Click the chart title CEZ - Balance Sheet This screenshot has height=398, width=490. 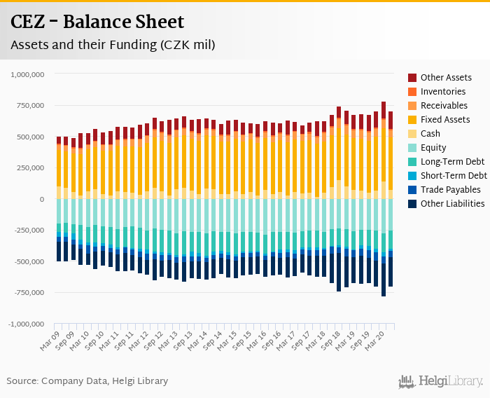(97, 22)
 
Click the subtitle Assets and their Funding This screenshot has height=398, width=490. (113, 45)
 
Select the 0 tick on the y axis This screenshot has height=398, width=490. (42, 199)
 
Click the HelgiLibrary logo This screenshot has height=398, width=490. (441, 382)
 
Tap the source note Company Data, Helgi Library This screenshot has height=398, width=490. (87, 381)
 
